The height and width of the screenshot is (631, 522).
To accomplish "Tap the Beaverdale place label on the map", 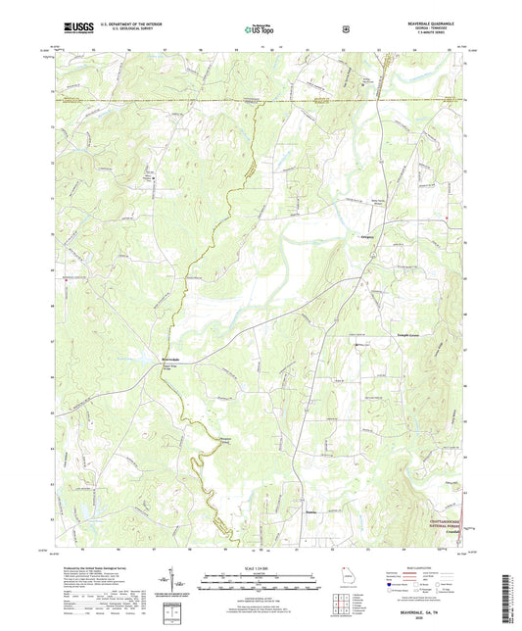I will [170, 360].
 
